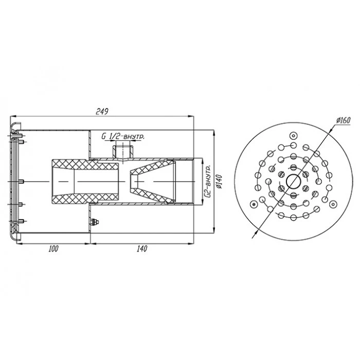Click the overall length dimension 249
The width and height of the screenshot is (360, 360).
pyautogui.click(x=102, y=112)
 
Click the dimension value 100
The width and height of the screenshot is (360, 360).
pyautogui.click(x=53, y=248)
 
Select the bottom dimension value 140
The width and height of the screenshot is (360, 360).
pyautogui.click(x=141, y=248)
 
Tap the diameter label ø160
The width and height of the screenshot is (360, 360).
pyautogui.click(x=344, y=120)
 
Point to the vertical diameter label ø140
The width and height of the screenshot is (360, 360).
pyautogui.click(x=219, y=182)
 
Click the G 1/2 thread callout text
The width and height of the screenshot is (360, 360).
pyautogui.click(x=123, y=137)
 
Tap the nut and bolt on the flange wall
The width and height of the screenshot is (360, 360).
pyautogui.click(x=94, y=222)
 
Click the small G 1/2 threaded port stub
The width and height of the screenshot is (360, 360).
pyautogui.click(x=123, y=151)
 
